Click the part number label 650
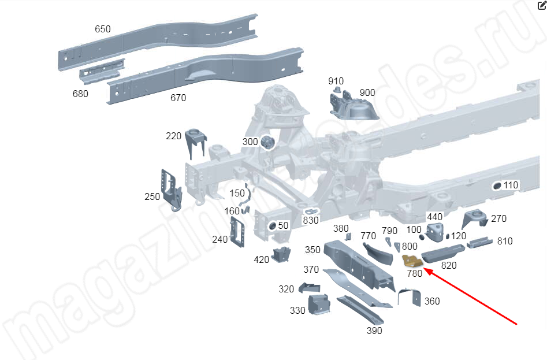click(103, 29)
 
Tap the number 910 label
click(336, 81)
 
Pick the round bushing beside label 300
click(268, 142)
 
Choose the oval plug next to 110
click(497, 186)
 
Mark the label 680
click(80, 94)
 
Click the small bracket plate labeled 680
click(102, 71)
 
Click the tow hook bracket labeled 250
click(172, 190)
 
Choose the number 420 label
click(261, 259)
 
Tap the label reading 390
click(374, 331)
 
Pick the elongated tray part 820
click(443, 253)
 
